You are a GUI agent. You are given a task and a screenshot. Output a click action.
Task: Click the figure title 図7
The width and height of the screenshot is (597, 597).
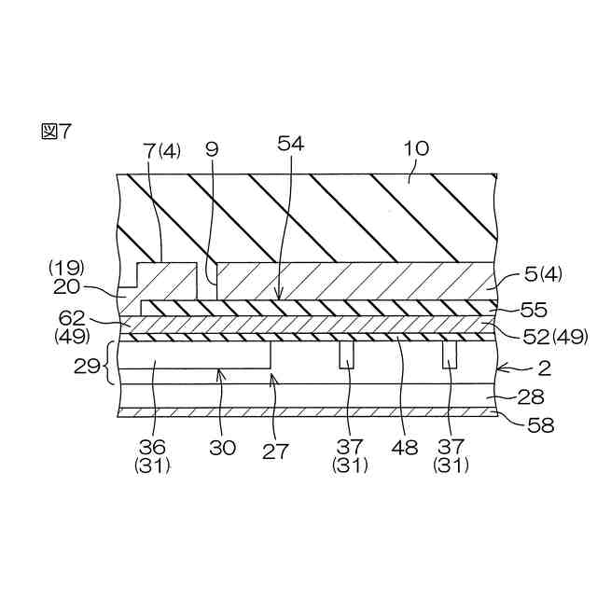(x=56, y=132)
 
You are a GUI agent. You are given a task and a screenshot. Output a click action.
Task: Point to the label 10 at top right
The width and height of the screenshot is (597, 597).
(x=416, y=149)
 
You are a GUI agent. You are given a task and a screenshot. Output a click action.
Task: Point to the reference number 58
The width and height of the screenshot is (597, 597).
(x=540, y=426)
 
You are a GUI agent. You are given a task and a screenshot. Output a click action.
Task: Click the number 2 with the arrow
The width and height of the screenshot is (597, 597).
(x=545, y=367)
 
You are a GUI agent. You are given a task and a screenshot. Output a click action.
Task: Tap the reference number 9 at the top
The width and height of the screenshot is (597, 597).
(x=211, y=149)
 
